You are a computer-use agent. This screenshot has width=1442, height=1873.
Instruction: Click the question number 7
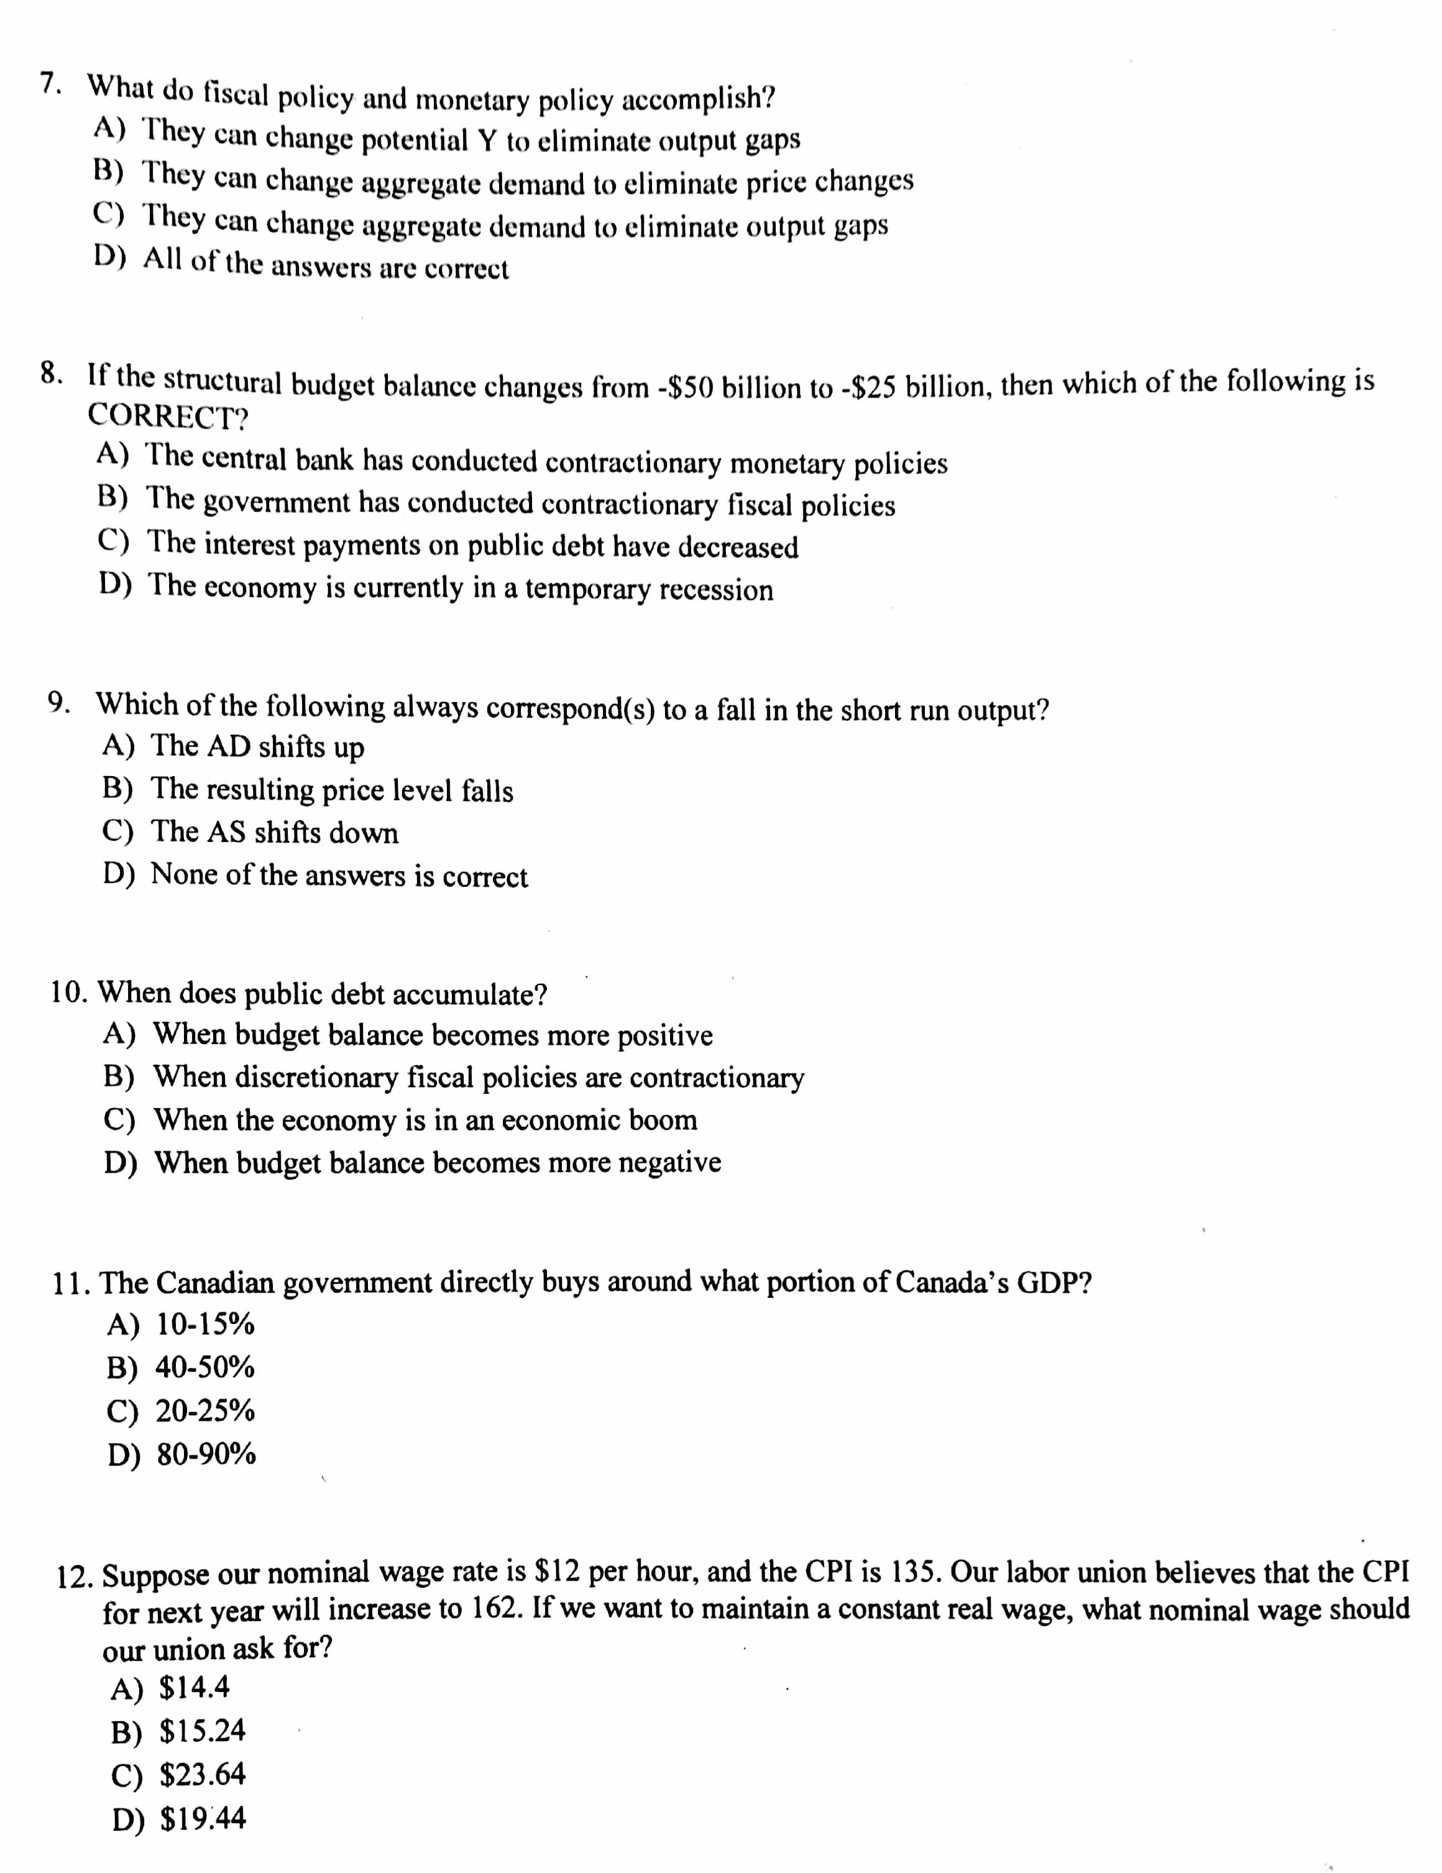(x=50, y=84)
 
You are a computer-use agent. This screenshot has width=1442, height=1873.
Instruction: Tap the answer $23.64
(x=203, y=1774)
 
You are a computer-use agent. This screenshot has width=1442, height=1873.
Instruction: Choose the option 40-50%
(x=204, y=1367)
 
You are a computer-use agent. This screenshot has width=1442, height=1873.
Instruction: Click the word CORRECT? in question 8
(x=168, y=417)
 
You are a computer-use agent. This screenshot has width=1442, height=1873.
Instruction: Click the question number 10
(x=68, y=992)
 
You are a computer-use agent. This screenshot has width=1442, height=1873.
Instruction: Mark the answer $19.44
(x=203, y=1818)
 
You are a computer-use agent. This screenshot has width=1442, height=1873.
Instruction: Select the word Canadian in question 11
(x=216, y=1283)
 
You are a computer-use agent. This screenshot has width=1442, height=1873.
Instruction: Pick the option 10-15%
(x=205, y=1324)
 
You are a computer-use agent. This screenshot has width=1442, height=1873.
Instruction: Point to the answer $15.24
(x=203, y=1731)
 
